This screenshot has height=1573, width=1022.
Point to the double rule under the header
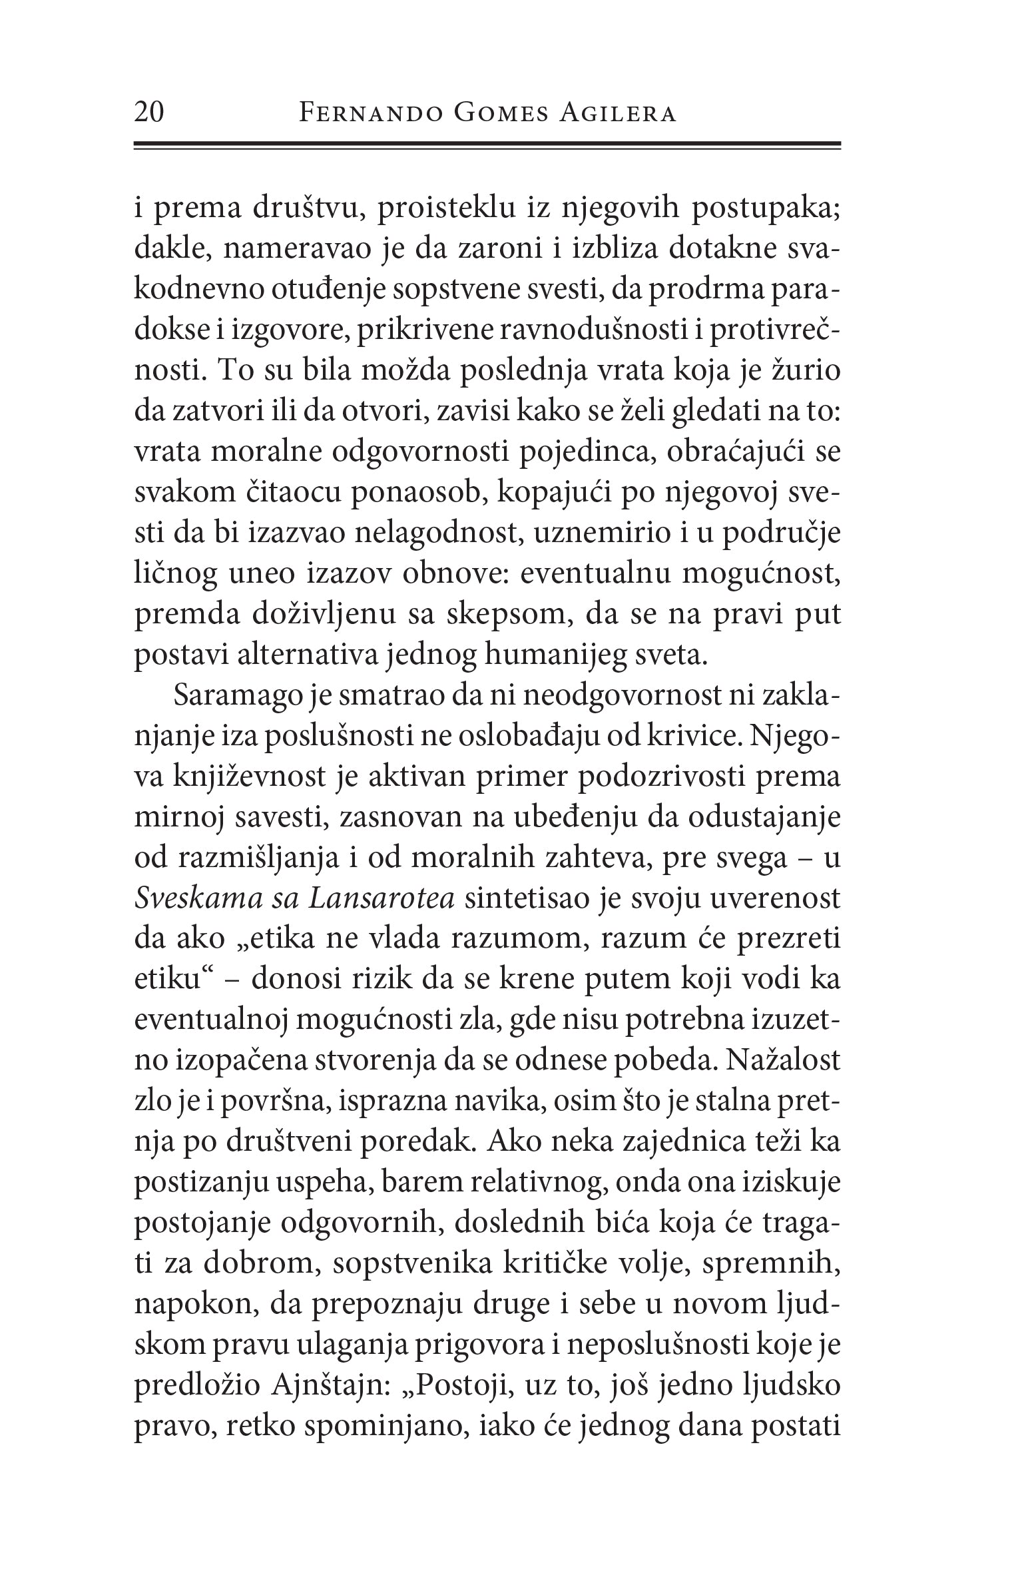[487, 145]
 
